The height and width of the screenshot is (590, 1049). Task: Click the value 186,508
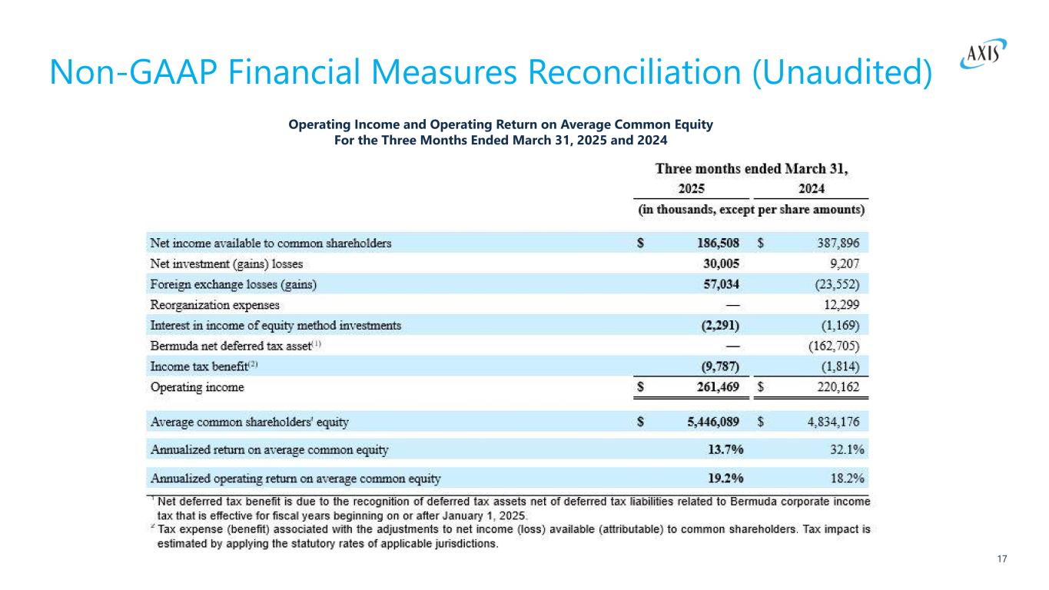click(x=713, y=243)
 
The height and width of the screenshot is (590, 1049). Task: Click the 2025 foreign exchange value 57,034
click(x=718, y=284)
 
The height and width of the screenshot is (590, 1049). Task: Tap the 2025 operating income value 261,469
click(x=713, y=388)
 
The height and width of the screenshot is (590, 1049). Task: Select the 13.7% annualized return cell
click(x=724, y=449)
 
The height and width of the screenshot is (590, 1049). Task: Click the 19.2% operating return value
click(x=724, y=479)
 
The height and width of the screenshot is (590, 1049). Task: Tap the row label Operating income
click(x=198, y=388)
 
